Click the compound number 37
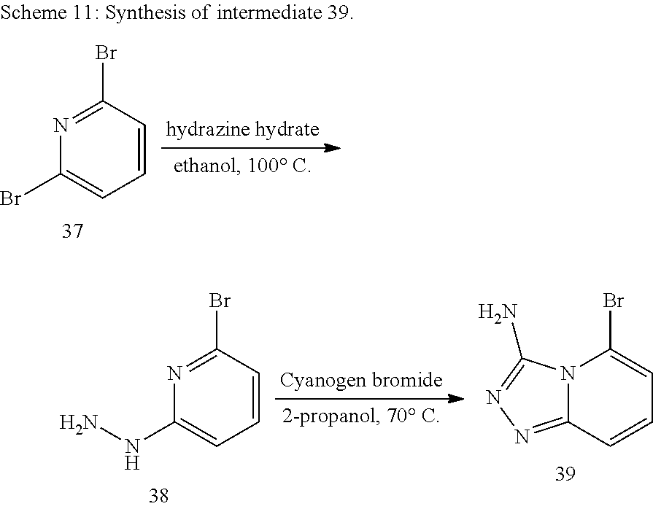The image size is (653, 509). (x=71, y=233)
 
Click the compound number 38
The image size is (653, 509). (x=158, y=496)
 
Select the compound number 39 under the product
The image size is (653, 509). (x=565, y=473)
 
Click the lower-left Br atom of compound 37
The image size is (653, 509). (x=10, y=199)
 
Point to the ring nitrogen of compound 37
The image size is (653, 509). (x=62, y=125)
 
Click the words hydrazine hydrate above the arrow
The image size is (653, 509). (x=242, y=130)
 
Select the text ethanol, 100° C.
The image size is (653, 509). (x=242, y=166)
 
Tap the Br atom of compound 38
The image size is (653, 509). (x=220, y=300)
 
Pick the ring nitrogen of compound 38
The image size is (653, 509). (x=174, y=374)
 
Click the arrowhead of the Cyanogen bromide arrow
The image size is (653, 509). (x=456, y=399)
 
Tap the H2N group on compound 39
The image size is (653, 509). (x=497, y=314)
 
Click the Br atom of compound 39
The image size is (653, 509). (x=614, y=300)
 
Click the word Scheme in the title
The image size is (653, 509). (x=30, y=14)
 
